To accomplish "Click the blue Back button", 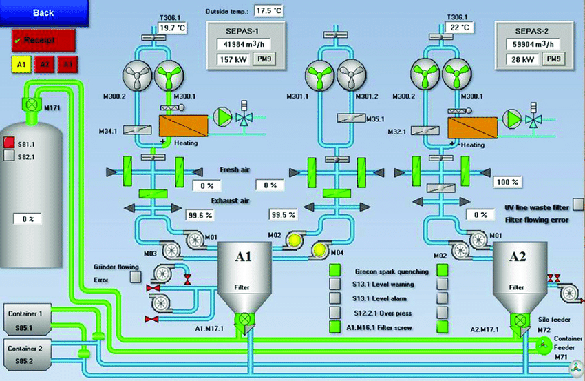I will click(x=43, y=12).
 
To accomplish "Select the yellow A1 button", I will click(x=21, y=65).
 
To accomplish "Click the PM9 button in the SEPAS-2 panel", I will click(x=554, y=60).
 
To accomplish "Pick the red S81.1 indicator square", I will click(x=9, y=143).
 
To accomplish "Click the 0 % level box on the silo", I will click(x=28, y=219).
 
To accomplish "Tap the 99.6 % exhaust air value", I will click(x=201, y=214).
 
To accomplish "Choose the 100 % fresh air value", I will click(x=505, y=182).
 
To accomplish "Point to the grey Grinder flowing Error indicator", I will click(x=135, y=275).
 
